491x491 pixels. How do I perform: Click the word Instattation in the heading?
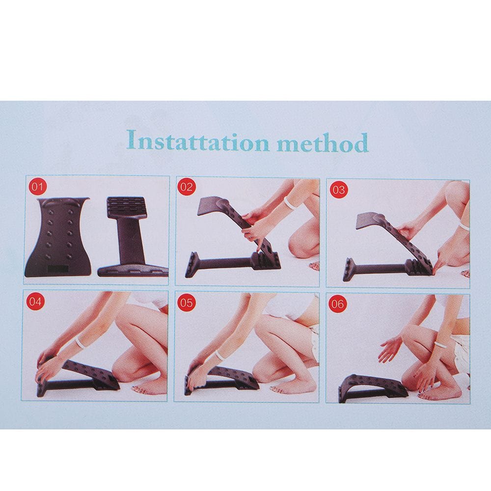198,141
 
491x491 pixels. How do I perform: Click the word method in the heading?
323,143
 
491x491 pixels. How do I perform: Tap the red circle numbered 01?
37,187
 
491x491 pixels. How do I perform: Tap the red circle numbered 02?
186,187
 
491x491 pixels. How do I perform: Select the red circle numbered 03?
338,190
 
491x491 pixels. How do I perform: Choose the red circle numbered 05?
186,303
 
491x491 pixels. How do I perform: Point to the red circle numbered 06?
337,304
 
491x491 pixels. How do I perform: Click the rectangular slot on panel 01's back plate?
58,269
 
